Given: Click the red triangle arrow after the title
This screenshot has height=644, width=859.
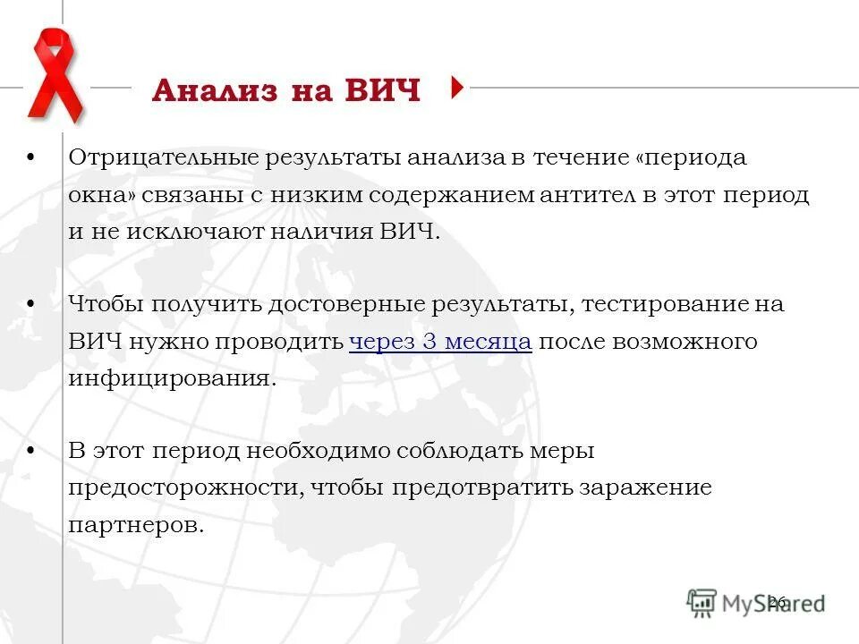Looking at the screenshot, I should tap(458, 87).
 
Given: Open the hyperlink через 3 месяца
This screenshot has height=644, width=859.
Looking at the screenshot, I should tap(440, 342).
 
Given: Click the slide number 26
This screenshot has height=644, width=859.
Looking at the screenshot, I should tap(776, 602).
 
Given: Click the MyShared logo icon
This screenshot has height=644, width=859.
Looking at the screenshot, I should tap(702, 602).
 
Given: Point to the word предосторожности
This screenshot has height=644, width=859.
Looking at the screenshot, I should tap(183, 488).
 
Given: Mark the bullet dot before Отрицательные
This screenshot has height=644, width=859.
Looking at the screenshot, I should tap(31, 157).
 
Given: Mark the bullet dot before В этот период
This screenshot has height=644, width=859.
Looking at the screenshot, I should tap(31, 450).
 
